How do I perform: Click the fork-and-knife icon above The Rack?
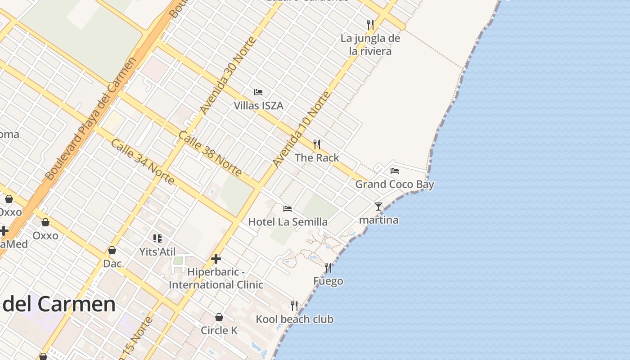(317, 144)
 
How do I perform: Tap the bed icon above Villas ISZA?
(258, 92)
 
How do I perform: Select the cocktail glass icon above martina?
(378, 207)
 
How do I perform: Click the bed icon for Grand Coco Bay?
(395, 171)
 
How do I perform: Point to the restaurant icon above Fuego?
(328, 268)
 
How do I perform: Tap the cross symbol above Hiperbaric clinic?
(216, 259)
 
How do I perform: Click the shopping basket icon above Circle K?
(219, 317)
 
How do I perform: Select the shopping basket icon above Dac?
(112, 250)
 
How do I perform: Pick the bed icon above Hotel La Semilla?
(288, 208)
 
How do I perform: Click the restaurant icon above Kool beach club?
(294, 306)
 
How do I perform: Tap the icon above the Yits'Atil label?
(157, 238)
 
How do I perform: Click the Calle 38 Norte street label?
(210, 153)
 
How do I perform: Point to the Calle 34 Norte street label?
(142, 162)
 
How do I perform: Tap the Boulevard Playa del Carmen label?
(90, 119)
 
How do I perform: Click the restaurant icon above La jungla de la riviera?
(370, 25)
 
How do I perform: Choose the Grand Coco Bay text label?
(395, 184)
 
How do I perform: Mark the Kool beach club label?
(295, 319)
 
